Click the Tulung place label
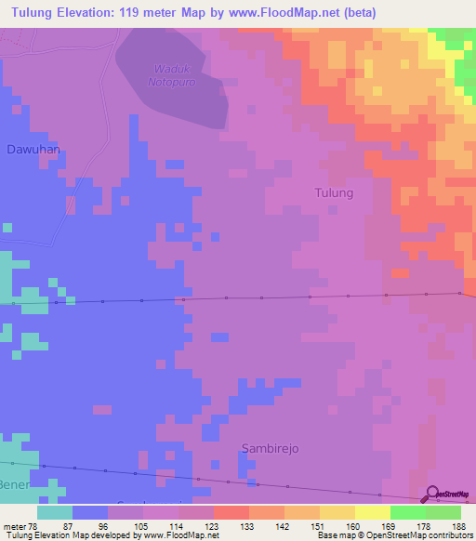point(335,193)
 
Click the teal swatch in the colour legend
point(55,512)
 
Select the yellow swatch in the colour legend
point(373,512)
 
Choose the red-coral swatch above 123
point(231,512)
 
